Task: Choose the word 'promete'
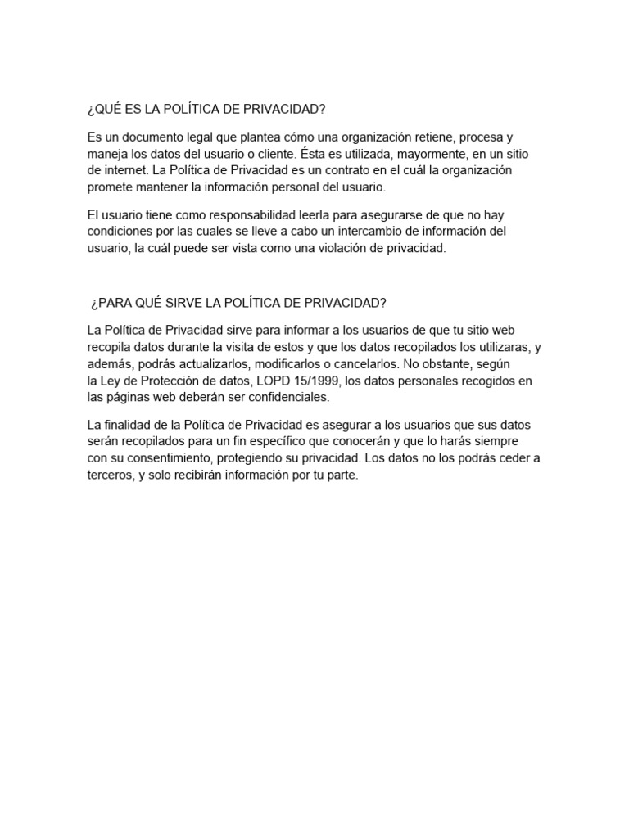(109, 187)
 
